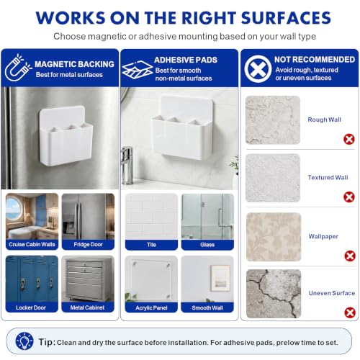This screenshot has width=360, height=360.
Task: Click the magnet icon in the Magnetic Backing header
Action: coord(18,68)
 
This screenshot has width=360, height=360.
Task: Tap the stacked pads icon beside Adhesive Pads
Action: coord(137,70)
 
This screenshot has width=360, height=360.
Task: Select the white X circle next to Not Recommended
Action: coord(258,69)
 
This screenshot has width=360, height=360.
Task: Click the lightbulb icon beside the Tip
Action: coord(24,341)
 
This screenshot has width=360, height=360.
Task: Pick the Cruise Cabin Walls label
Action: coord(32,244)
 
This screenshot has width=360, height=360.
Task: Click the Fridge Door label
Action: coord(88,244)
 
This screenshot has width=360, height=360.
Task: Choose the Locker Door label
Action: coord(31,307)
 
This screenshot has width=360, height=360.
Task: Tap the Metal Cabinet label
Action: coord(87,307)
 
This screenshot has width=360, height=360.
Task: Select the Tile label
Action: coord(151,245)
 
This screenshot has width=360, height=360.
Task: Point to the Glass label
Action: coord(207,245)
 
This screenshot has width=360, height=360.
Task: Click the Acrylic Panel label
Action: coord(151,307)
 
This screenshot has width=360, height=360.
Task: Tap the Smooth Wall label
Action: coord(207,307)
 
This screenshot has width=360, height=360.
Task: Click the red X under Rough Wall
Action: coord(349,139)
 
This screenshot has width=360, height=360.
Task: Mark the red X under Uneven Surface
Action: coord(350,312)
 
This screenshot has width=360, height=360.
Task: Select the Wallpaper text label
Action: coord(323,236)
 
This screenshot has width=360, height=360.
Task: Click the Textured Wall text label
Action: coord(328,177)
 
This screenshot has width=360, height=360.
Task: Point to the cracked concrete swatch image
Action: coord(274,294)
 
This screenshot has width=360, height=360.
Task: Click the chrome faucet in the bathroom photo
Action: coord(127,165)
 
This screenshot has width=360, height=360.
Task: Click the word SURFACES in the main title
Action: coord(286,18)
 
